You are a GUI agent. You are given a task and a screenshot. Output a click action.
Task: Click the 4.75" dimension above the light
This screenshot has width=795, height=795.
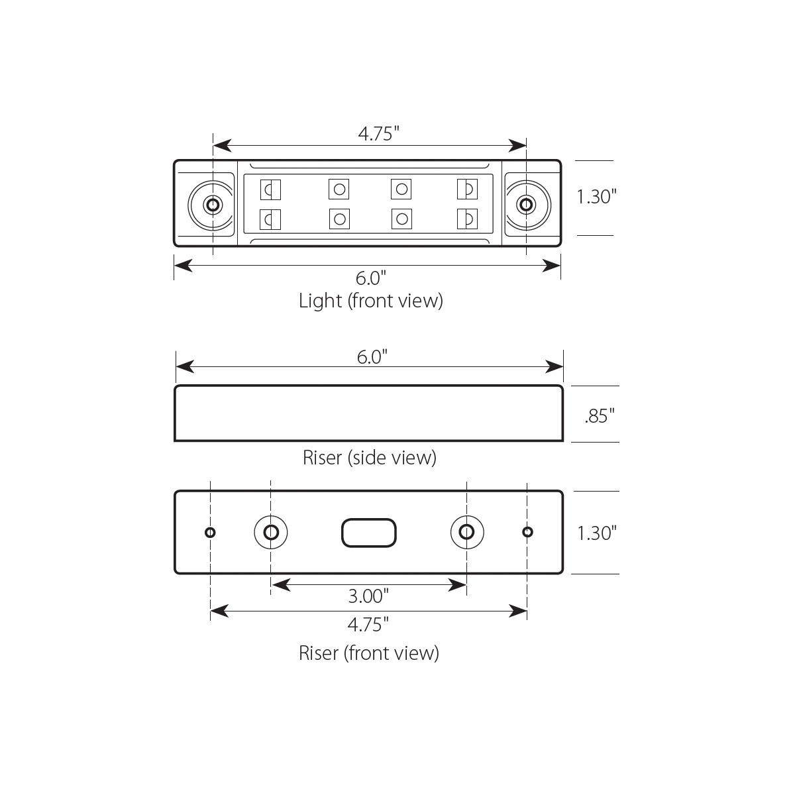378,134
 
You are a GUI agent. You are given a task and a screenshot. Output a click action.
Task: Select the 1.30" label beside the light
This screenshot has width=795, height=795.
596,197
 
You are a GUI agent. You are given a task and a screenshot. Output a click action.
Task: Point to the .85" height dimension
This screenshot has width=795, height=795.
600,416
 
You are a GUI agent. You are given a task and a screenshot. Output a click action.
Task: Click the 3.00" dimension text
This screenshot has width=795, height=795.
368,596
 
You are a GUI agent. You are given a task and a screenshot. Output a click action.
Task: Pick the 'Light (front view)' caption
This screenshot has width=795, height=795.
370,301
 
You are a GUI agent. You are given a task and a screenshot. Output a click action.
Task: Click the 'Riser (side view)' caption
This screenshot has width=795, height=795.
369,457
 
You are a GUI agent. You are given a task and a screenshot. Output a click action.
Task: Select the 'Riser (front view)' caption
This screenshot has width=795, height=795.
369,653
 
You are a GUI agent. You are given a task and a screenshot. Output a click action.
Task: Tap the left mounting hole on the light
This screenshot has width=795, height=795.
213,204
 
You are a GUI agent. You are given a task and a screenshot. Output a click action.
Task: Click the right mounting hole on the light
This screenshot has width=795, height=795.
527,204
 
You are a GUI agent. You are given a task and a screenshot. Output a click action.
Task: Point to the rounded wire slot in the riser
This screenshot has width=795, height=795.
369,533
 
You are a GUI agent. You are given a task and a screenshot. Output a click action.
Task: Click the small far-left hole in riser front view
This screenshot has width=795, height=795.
210,532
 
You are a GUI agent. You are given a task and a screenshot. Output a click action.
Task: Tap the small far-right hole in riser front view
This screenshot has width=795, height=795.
528,532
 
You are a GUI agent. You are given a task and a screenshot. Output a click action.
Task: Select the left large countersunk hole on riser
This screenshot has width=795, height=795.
271,532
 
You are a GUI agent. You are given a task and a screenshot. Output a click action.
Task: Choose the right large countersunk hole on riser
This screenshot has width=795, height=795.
467,532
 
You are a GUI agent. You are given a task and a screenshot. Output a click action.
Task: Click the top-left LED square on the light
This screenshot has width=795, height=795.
271,189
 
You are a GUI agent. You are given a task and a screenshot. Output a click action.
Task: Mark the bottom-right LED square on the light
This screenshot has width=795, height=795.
467,217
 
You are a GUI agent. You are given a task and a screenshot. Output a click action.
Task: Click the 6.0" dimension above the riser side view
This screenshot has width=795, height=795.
372,357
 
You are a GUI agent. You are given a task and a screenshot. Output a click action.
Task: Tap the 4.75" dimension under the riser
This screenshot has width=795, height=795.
368,624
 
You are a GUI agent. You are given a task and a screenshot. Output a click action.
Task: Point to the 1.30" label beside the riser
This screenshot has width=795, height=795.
597,533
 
